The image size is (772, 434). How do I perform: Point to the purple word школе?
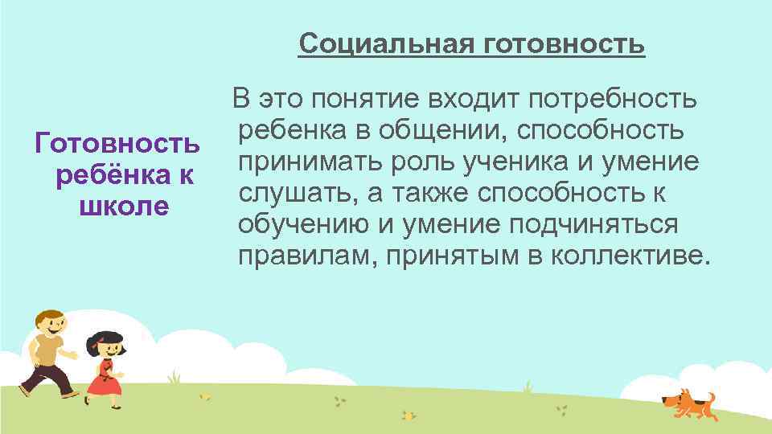(124, 205)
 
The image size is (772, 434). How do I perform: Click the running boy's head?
(51, 325)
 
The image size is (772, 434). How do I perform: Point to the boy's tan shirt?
(47, 351)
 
